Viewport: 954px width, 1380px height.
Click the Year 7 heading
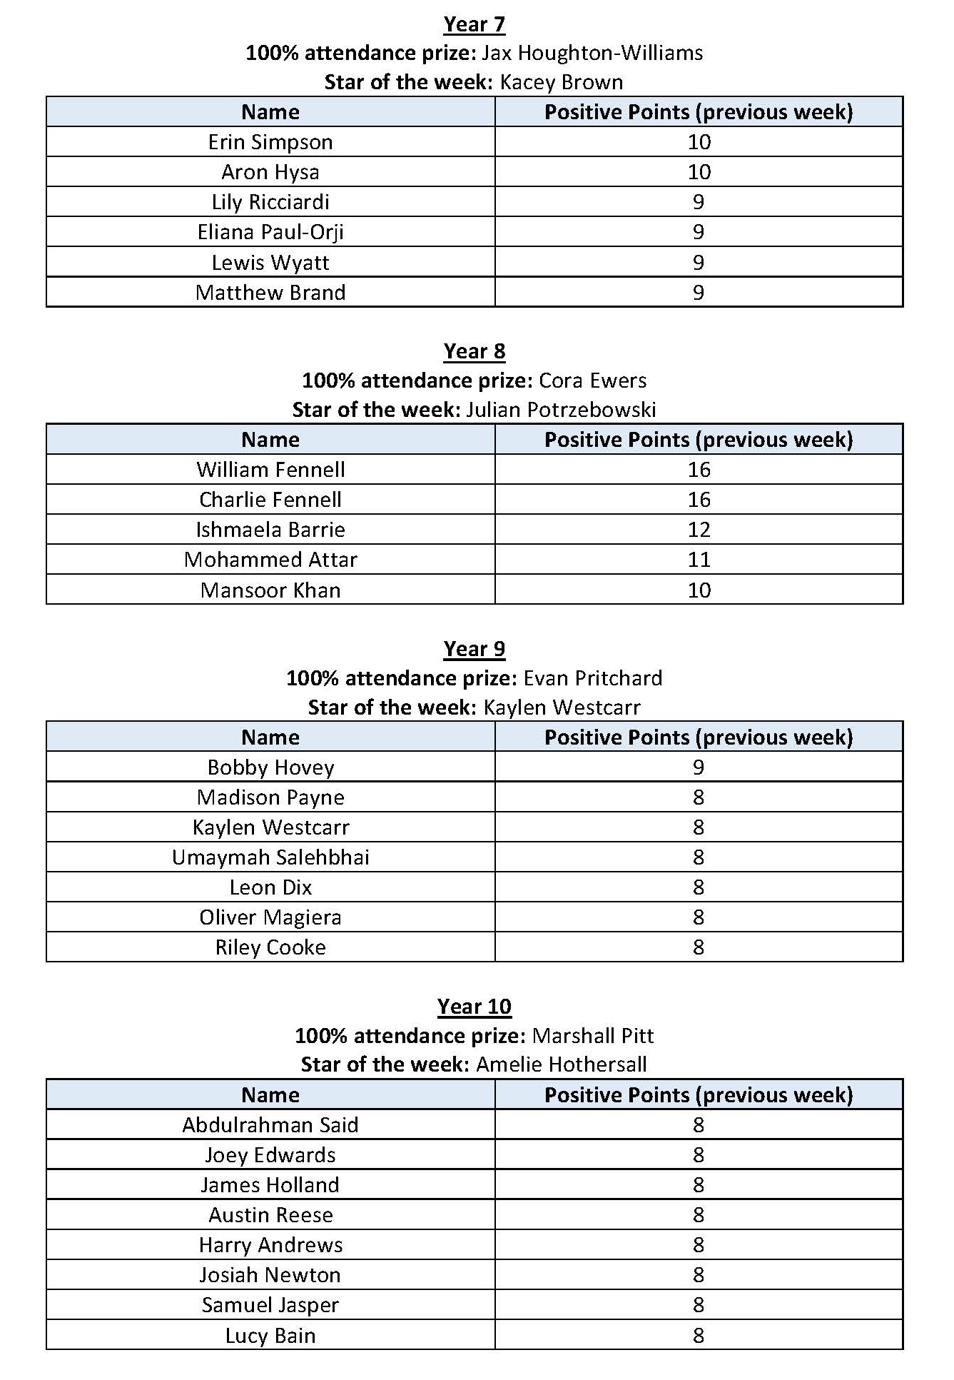coord(474,24)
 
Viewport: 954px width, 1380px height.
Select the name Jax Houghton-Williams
coord(592,53)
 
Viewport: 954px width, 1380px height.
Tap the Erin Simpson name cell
coord(270,142)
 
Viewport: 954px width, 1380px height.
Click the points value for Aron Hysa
coord(699,172)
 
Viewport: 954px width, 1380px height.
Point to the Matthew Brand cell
coord(270,293)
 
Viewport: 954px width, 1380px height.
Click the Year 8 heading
coord(474,351)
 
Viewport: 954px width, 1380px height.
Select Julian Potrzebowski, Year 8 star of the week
coord(561,410)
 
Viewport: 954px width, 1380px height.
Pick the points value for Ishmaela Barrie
coord(699,530)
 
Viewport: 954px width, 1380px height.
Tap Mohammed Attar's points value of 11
coord(699,560)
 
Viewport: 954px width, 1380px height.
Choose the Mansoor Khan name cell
coord(270,590)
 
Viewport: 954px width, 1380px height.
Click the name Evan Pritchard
coord(592,678)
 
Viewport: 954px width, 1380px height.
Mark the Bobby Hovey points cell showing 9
coord(699,767)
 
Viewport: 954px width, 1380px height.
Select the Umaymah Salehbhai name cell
coord(270,857)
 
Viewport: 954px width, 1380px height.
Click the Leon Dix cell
coord(270,887)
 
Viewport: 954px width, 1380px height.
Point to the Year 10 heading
coord(474,1007)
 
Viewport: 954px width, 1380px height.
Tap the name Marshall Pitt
coord(593,1036)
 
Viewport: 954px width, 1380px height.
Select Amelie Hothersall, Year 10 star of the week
coord(562,1064)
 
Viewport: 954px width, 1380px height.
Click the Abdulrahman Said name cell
coord(270,1125)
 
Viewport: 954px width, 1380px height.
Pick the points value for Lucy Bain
coord(699,1336)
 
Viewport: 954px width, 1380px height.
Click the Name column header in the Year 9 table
coord(270,737)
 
